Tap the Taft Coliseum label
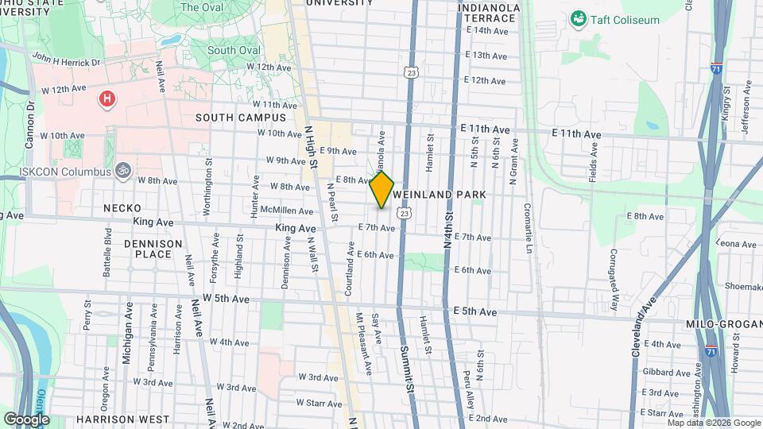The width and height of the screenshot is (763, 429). (x=624, y=20)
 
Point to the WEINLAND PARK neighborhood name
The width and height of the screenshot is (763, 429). (x=438, y=195)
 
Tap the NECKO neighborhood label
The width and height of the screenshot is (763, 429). (x=122, y=208)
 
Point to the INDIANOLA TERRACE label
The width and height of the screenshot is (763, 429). (x=490, y=13)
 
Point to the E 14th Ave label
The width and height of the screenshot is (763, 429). (x=487, y=31)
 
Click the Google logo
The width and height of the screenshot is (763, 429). (x=26, y=419)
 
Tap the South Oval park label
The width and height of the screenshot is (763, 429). (x=234, y=50)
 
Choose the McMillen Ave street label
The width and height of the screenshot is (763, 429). (x=292, y=211)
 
